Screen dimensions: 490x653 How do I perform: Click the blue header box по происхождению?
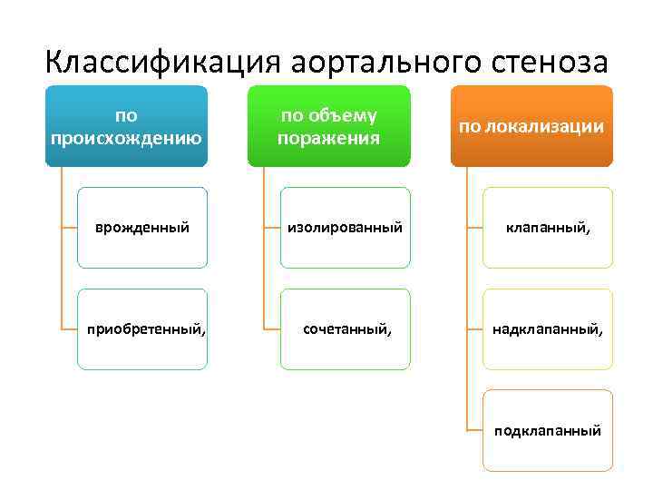point(126,126)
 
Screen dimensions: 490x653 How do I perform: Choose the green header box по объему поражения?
point(328,126)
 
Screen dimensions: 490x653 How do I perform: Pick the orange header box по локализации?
point(531,126)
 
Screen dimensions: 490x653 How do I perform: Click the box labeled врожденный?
point(141,228)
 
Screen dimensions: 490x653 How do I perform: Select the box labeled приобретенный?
point(141,329)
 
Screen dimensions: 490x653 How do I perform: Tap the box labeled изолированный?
point(345,228)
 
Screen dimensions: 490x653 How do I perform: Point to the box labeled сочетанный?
point(345,329)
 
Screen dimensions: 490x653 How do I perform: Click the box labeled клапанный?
point(548,228)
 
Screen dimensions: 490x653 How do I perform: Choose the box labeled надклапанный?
point(548,329)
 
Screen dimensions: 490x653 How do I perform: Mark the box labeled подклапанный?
point(548,430)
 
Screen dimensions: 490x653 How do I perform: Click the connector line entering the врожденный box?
point(69,228)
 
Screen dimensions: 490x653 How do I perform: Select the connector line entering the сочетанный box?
point(272,329)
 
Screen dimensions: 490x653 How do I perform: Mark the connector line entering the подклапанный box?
point(474,430)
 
